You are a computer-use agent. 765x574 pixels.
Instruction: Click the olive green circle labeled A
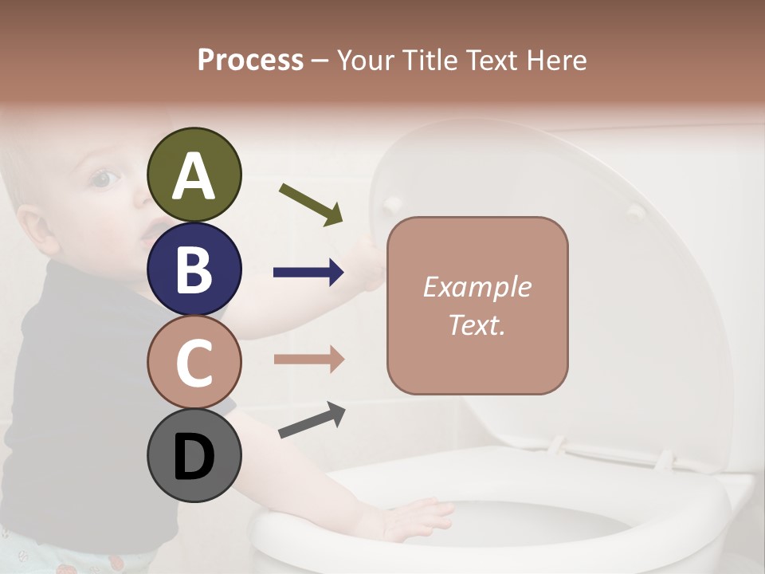(x=194, y=175)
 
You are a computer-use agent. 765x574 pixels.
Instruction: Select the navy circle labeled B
(x=194, y=269)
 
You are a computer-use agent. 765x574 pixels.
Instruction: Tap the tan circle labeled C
(x=194, y=363)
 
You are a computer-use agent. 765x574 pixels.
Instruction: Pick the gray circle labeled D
(x=194, y=456)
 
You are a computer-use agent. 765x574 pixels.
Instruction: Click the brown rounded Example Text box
(x=477, y=305)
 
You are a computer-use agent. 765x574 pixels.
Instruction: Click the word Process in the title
(x=250, y=60)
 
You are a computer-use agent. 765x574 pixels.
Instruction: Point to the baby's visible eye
(x=101, y=179)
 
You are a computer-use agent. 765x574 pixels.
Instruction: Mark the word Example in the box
(x=477, y=287)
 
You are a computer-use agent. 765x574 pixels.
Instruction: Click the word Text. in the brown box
(x=477, y=324)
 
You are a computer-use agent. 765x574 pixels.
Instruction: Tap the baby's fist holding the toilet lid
(x=371, y=263)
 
